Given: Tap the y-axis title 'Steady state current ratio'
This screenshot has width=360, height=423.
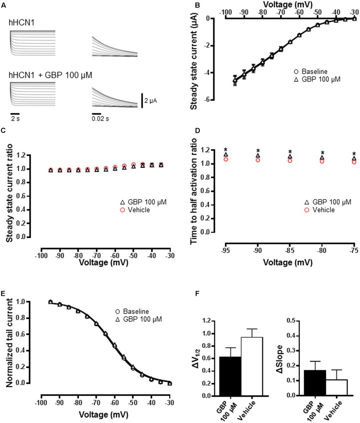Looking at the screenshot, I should [9, 195].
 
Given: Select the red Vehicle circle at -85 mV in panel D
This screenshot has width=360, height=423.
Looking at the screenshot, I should [290, 161].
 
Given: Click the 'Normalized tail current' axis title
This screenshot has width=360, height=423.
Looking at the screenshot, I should [9, 342].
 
